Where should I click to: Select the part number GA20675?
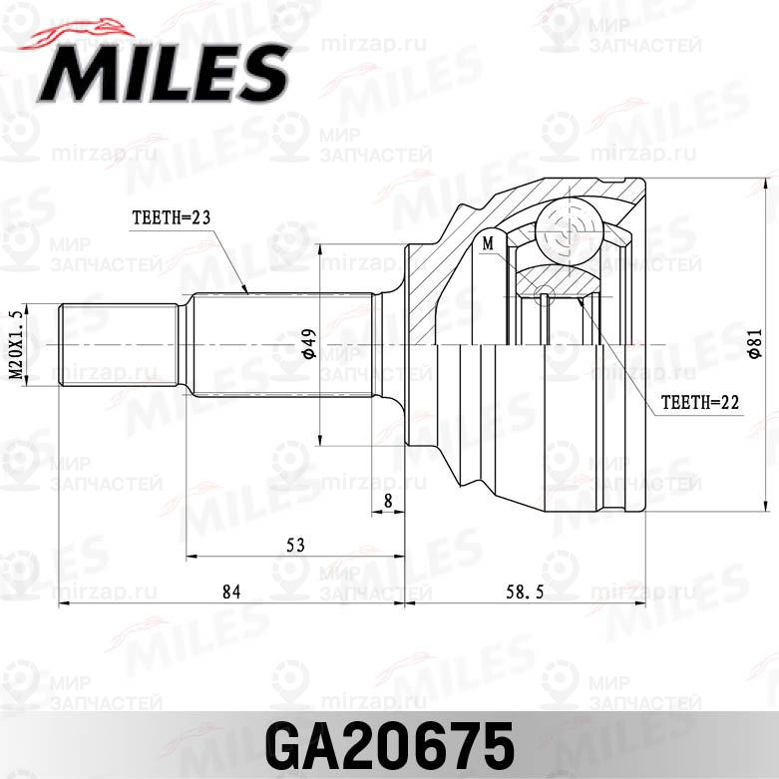pyautogui.click(x=389, y=743)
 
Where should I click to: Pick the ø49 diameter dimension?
pyautogui.click(x=309, y=345)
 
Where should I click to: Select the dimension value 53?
pyautogui.click(x=294, y=545)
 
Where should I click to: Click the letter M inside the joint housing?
pyautogui.click(x=488, y=242)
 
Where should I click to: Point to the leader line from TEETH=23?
pyautogui.click(x=230, y=260)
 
